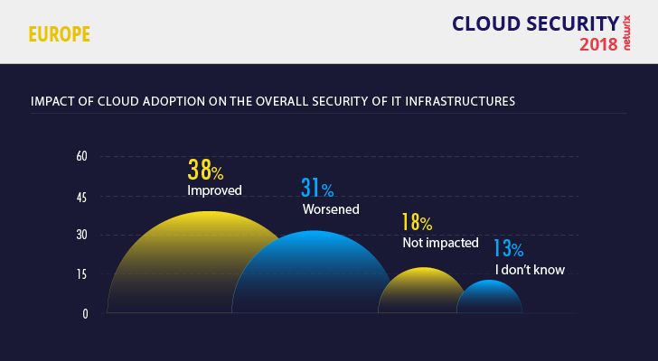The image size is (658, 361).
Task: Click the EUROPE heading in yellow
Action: (x=59, y=35)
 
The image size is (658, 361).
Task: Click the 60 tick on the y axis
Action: (x=81, y=156)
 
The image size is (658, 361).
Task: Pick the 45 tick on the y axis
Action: (x=81, y=196)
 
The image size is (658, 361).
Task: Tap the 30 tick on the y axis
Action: (x=81, y=236)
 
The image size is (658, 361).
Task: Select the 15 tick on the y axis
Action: (x=81, y=275)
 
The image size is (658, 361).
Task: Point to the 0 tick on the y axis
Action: (x=85, y=314)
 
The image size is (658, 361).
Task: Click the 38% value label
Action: (x=207, y=169)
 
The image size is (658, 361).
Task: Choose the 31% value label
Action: (x=317, y=189)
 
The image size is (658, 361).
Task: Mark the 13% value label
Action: (x=508, y=249)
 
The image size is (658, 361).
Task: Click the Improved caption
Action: (x=215, y=190)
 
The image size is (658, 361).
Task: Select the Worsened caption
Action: (x=331, y=209)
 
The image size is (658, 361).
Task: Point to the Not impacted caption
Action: (x=440, y=243)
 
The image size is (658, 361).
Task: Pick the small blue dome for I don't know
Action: (x=491, y=299)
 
